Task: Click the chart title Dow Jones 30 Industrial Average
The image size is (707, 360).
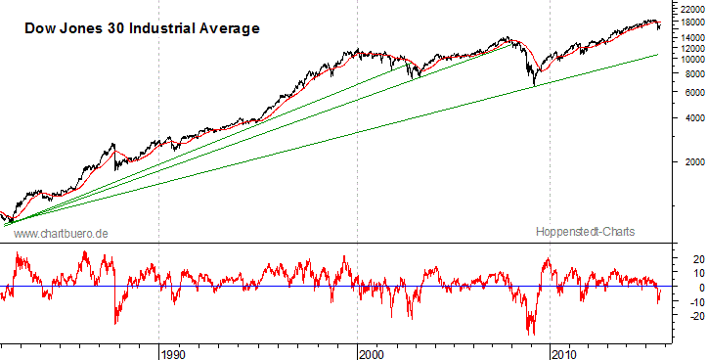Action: coord(142,28)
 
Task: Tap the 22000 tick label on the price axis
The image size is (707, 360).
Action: coord(685,8)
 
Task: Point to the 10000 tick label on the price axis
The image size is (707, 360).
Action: coord(685,59)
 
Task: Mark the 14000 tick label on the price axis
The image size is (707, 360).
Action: coord(685,37)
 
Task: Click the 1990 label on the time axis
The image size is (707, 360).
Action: coord(173,351)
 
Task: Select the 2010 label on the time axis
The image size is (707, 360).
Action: coord(563,351)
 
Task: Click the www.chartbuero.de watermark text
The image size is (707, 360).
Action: coord(61,233)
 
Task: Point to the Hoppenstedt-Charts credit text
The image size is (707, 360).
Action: coord(586,233)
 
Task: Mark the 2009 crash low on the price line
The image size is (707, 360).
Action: coord(534,86)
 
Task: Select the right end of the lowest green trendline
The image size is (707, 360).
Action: coord(656,56)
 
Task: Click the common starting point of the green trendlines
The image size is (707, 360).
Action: coord(8,225)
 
